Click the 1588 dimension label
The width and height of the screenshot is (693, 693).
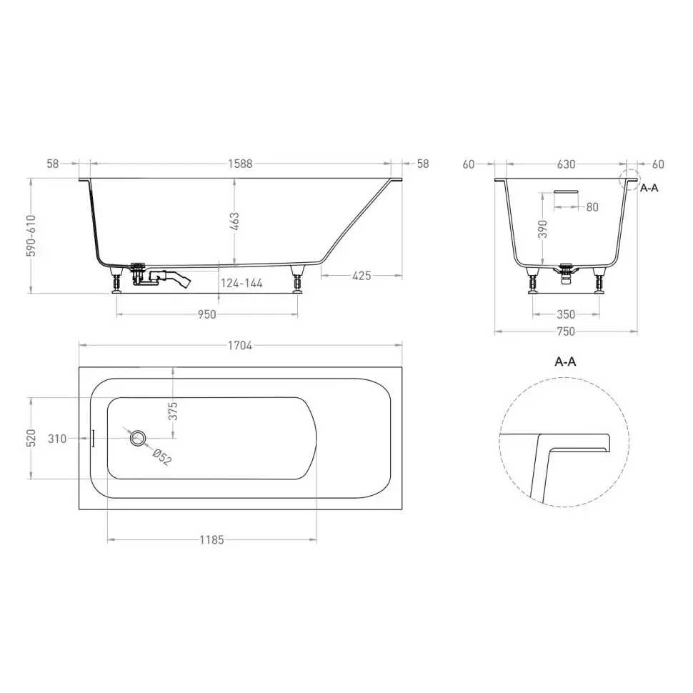(240, 164)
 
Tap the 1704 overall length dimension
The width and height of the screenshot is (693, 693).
(240, 346)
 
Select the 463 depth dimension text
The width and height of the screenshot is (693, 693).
(234, 221)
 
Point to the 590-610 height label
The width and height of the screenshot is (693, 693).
(31, 236)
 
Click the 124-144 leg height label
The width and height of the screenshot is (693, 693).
(241, 284)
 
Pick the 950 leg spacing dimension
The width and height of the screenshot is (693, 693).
(207, 314)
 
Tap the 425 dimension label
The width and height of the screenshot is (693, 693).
(362, 276)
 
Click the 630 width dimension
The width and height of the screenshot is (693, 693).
(566, 164)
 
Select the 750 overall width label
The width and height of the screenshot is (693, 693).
(566, 331)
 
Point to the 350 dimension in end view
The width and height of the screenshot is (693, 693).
(566, 314)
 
